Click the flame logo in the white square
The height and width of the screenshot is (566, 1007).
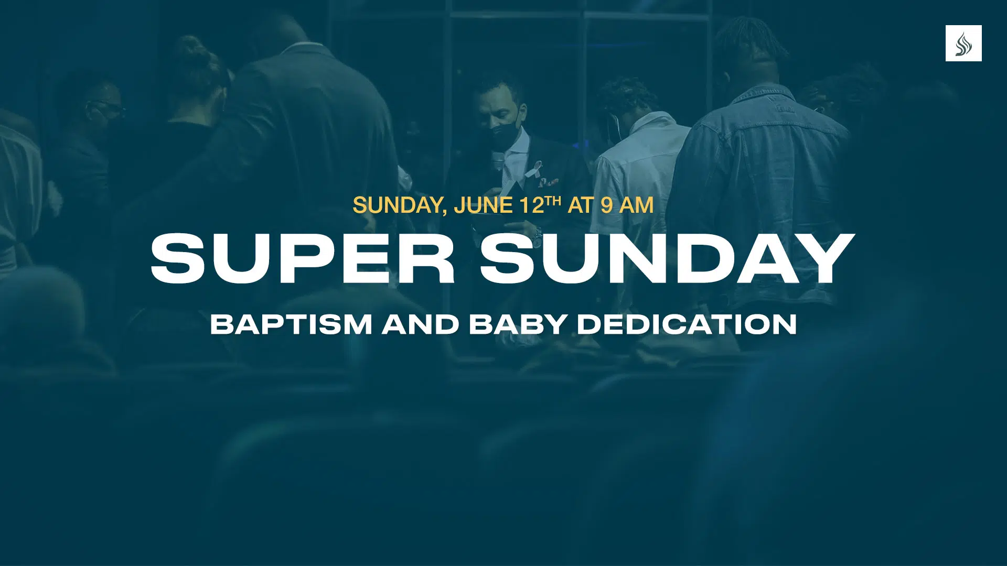click(x=963, y=44)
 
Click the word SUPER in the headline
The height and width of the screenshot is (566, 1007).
click(x=303, y=259)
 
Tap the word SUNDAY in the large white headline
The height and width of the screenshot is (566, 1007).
click(x=668, y=259)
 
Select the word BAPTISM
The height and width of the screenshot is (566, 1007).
click(x=291, y=324)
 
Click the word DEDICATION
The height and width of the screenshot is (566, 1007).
click(x=687, y=324)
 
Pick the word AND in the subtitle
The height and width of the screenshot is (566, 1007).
click(x=421, y=324)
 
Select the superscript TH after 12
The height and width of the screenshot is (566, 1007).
click(x=553, y=201)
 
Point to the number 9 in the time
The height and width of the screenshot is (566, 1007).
click(x=607, y=205)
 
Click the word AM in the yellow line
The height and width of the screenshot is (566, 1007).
click(x=636, y=205)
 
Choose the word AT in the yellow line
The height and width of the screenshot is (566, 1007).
click(x=581, y=205)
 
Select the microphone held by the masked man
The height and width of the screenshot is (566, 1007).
click(x=497, y=162)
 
